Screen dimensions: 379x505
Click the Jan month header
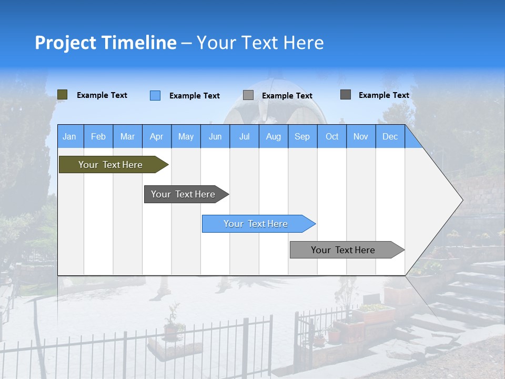(x=69, y=136)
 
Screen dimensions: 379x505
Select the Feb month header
(x=98, y=136)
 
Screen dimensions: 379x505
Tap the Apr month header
(x=156, y=136)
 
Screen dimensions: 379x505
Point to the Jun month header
(x=215, y=136)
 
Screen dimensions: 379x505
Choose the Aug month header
(x=273, y=136)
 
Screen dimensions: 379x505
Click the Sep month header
(x=302, y=136)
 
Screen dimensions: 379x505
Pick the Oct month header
(x=332, y=136)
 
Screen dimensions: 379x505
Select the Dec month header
(x=390, y=136)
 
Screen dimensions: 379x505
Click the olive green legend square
(x=63, y=95)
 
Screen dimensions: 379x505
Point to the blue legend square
(x=155, y=95)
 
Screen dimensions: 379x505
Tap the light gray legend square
(x=248, y=95)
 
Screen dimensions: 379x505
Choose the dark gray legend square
(x=346, y=95)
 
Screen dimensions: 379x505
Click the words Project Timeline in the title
(x=105, y=43)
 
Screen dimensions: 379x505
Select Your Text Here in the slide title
(x=260, y=43)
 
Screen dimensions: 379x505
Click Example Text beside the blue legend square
(x=194, y=96)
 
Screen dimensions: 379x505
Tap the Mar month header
(x=127, y=136)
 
